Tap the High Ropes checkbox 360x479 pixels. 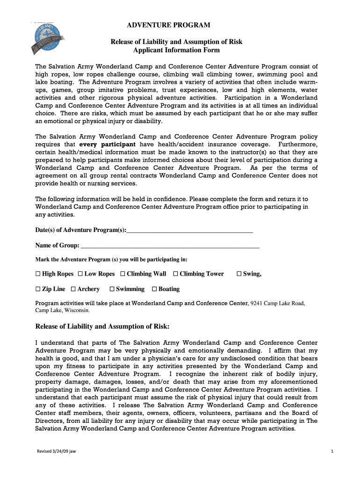38,274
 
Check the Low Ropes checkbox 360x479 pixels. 80,274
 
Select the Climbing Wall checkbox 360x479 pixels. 122,274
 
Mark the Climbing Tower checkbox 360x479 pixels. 176,274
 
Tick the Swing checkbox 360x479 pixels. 239,274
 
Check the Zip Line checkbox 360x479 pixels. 38,289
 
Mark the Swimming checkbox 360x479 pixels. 112,289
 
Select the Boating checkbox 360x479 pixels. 155,289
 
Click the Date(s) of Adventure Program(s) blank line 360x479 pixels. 190,230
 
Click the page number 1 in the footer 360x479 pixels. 331,451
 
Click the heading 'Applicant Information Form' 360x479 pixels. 176,50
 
